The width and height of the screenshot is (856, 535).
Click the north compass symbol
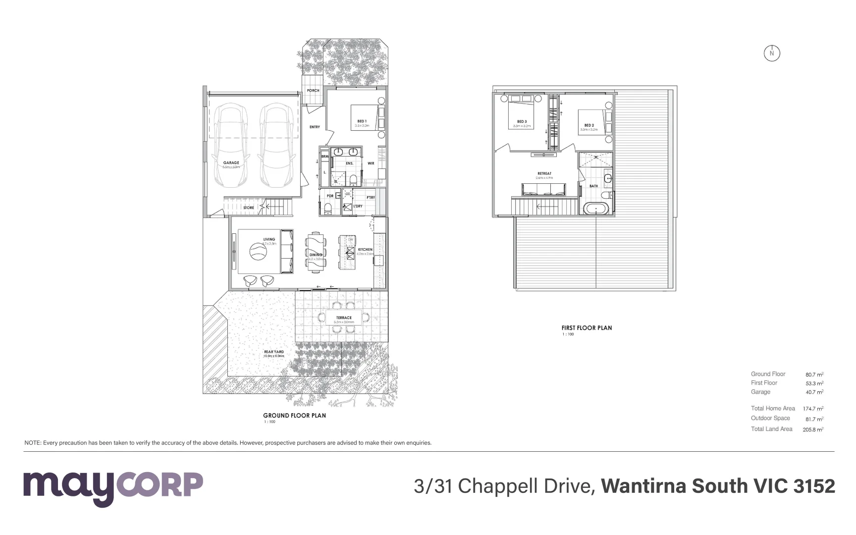[x=771, y=53]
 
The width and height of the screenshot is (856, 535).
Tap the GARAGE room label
[x=231, y=162]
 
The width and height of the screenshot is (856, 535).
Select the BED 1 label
[x=362, y=121]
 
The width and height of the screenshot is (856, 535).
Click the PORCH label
[x=313, y=91]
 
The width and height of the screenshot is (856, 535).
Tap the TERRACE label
[x=344, y=318]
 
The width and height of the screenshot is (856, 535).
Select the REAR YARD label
[x=274, y=352]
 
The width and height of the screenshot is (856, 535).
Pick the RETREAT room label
[x=544, y=174]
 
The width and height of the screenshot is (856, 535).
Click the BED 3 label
[x=522, y=121]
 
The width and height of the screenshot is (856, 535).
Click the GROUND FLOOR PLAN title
[x=294, y=416]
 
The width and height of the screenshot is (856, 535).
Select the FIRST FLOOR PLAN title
[x=587, y=328]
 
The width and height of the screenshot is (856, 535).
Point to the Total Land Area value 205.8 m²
[x=812, y=429]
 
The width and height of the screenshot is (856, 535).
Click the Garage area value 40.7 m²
[x=814, y=392]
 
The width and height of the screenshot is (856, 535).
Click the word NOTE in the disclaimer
[x=32, y=443]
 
